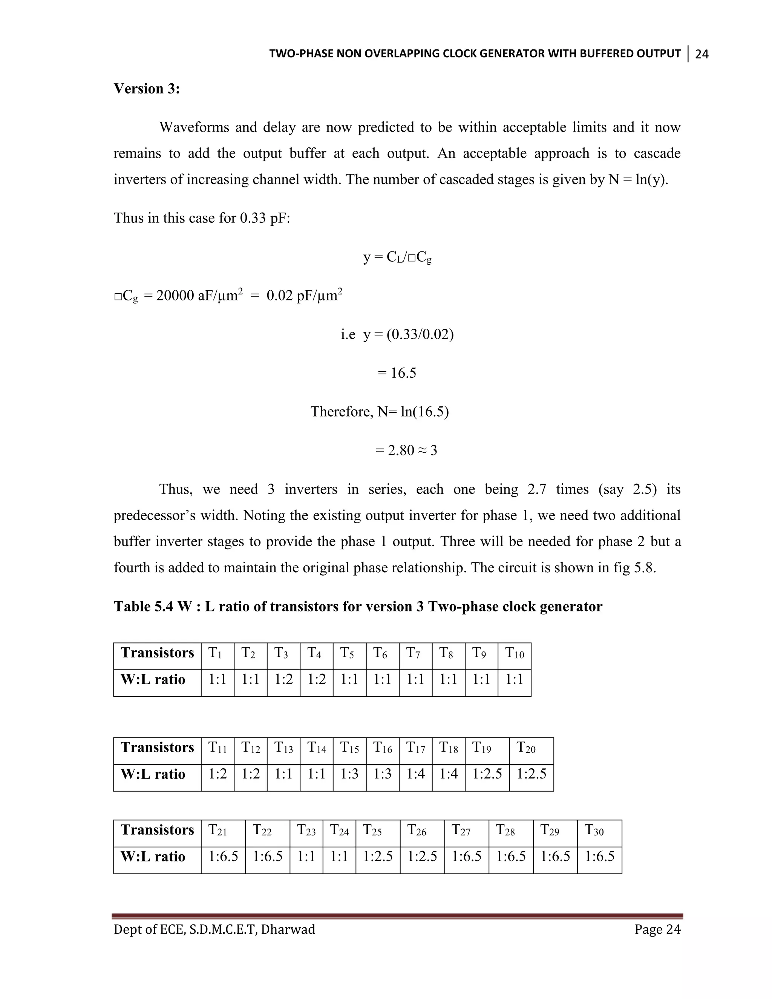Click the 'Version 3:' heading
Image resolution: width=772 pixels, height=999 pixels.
(x=146, y=89)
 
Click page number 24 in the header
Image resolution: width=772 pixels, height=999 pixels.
(x=702, y=54)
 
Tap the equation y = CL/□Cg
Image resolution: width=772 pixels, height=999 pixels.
(x=397, y=257)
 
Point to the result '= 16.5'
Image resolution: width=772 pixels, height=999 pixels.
(x=397, y=373)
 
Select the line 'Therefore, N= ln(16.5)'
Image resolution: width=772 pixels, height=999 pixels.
(x=380, y=412)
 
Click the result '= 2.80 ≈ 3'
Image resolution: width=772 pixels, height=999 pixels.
(x=406, y=450)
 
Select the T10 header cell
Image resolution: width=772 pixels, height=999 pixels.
(x=515, y=653)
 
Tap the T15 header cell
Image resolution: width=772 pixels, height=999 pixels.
(x=349, y=748)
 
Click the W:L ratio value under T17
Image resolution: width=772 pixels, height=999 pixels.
(x=415, y=774)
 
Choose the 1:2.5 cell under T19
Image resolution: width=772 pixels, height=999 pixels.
(x=487, y=774)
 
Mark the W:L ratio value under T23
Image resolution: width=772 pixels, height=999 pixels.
(x=306, y=856)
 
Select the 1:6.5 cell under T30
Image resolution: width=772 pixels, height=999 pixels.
(x=600, y=856)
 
